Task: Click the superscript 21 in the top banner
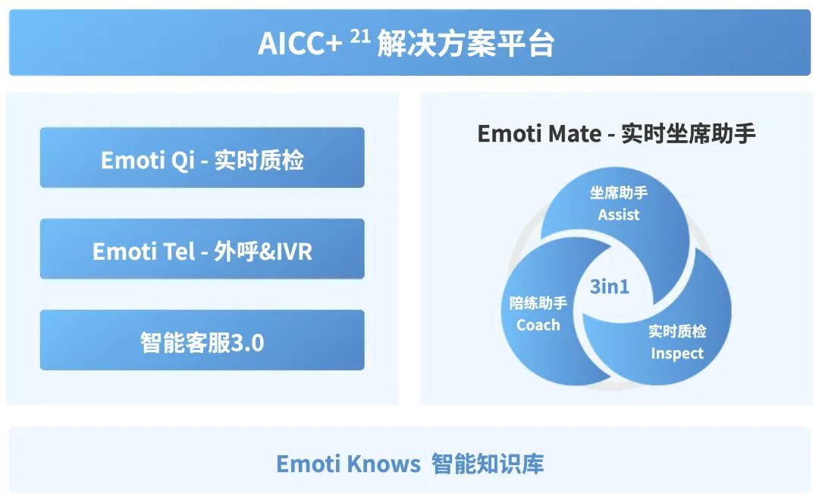(x=360, y=36)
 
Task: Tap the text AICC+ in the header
(x=300, y=43)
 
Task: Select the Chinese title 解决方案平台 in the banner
(x=466, y=43)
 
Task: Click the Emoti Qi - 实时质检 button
(x=202, y=158)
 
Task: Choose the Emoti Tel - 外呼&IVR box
(x=202, y=249)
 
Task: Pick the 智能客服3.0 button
(x=202, y=340)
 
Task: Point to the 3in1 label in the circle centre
(x=610, y=286)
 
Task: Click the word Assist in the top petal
(x=619, y=214)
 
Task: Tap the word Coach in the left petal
(x=538, y=325)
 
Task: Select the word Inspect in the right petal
(x=677, y=353)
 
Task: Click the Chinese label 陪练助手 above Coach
(x=538, y=303)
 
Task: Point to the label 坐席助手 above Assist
(x=619, y=192)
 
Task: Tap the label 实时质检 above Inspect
(x=677, y=331)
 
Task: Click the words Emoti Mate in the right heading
(x=540, y=134)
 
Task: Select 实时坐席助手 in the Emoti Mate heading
(x=689, y=133)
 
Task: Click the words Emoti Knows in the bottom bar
(x=348, y=464)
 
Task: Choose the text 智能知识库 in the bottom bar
(x=488, y=464)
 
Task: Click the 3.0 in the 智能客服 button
(x=247, y=343)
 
